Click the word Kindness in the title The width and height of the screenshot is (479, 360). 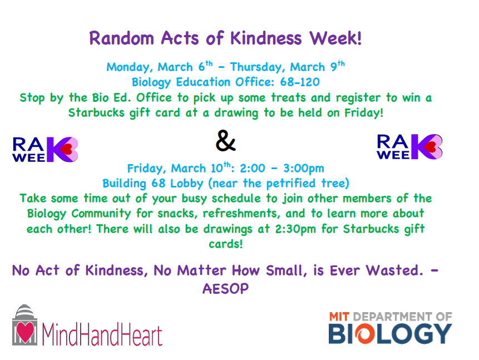point(265,38)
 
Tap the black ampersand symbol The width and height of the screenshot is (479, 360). point(225,141)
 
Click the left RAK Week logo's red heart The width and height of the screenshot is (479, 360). point(66,149)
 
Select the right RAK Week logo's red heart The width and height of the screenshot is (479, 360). point(429,147)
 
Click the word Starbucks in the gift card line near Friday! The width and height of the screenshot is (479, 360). point(96,112)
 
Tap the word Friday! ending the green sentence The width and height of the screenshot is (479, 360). point(363,113)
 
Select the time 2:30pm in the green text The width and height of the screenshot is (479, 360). point(295,229)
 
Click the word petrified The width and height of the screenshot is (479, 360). point(290,183)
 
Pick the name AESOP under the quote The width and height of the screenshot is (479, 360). point(225,288)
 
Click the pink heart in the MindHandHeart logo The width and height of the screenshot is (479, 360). point(25,332)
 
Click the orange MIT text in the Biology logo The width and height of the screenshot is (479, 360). point(339,317)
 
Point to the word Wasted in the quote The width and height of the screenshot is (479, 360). point(394,270)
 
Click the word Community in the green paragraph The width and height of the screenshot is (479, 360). point(101,213)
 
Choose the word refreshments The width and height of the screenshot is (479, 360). point(241,213)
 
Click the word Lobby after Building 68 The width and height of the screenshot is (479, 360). point(186,184)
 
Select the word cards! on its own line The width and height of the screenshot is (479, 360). point(226,244)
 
